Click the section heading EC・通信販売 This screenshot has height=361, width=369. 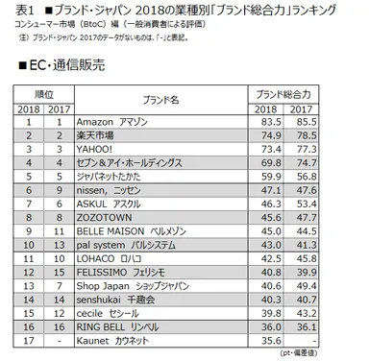coord(59,69)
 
